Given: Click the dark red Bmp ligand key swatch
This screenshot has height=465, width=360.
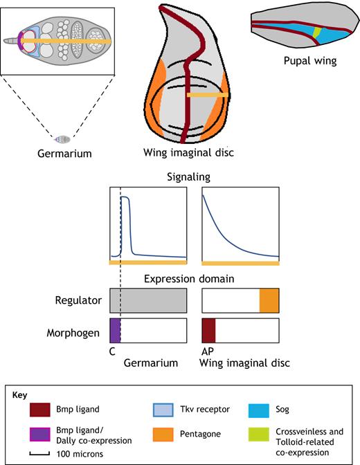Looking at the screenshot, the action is (39, 410).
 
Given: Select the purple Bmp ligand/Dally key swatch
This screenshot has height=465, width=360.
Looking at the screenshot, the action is (39, 435).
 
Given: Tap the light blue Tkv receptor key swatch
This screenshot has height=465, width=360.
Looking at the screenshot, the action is (163, 410).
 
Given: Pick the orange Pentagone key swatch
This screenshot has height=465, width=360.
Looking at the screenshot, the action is (163, 435).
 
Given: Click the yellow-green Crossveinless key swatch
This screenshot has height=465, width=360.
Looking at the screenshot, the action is (258, 435).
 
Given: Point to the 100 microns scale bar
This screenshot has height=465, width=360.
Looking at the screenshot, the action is (39, 453).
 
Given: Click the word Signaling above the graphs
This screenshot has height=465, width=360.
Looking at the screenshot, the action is (189, 177).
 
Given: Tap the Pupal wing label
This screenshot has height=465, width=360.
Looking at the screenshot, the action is (310, 61).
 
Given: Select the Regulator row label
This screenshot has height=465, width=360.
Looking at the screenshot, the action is (78, 300).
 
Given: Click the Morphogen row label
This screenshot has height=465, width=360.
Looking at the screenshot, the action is (73, 333).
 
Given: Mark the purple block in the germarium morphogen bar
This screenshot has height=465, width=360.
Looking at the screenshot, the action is (115, 331).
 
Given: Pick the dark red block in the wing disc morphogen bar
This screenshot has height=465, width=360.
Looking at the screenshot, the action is (208, 331).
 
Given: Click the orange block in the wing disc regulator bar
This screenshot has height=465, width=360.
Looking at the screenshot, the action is (269, 300).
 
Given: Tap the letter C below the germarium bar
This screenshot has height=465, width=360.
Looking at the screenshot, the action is (112, 352).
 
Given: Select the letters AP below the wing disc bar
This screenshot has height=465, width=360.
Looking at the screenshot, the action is (208, 352).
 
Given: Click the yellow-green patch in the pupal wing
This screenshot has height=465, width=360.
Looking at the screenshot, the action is (317, 32).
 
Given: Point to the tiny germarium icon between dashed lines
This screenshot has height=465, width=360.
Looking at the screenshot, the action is (62, 139).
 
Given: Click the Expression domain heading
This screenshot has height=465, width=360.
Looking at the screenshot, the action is (189, 279).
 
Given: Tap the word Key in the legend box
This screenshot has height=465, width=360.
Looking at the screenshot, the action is (19, 395).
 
